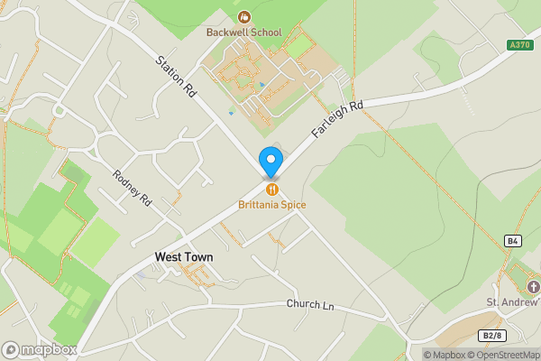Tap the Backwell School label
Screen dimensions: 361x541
243,32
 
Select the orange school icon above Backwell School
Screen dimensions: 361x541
243,16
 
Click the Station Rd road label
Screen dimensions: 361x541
176,78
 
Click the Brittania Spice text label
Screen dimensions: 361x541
271,205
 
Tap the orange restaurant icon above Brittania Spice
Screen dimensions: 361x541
271,190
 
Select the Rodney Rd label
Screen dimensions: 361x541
133,189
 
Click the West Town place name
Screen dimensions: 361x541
184,257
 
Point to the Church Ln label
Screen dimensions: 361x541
310,305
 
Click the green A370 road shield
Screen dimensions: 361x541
518,45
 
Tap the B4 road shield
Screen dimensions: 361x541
513,241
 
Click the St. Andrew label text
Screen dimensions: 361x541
513,301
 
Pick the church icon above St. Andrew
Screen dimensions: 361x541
532,287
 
